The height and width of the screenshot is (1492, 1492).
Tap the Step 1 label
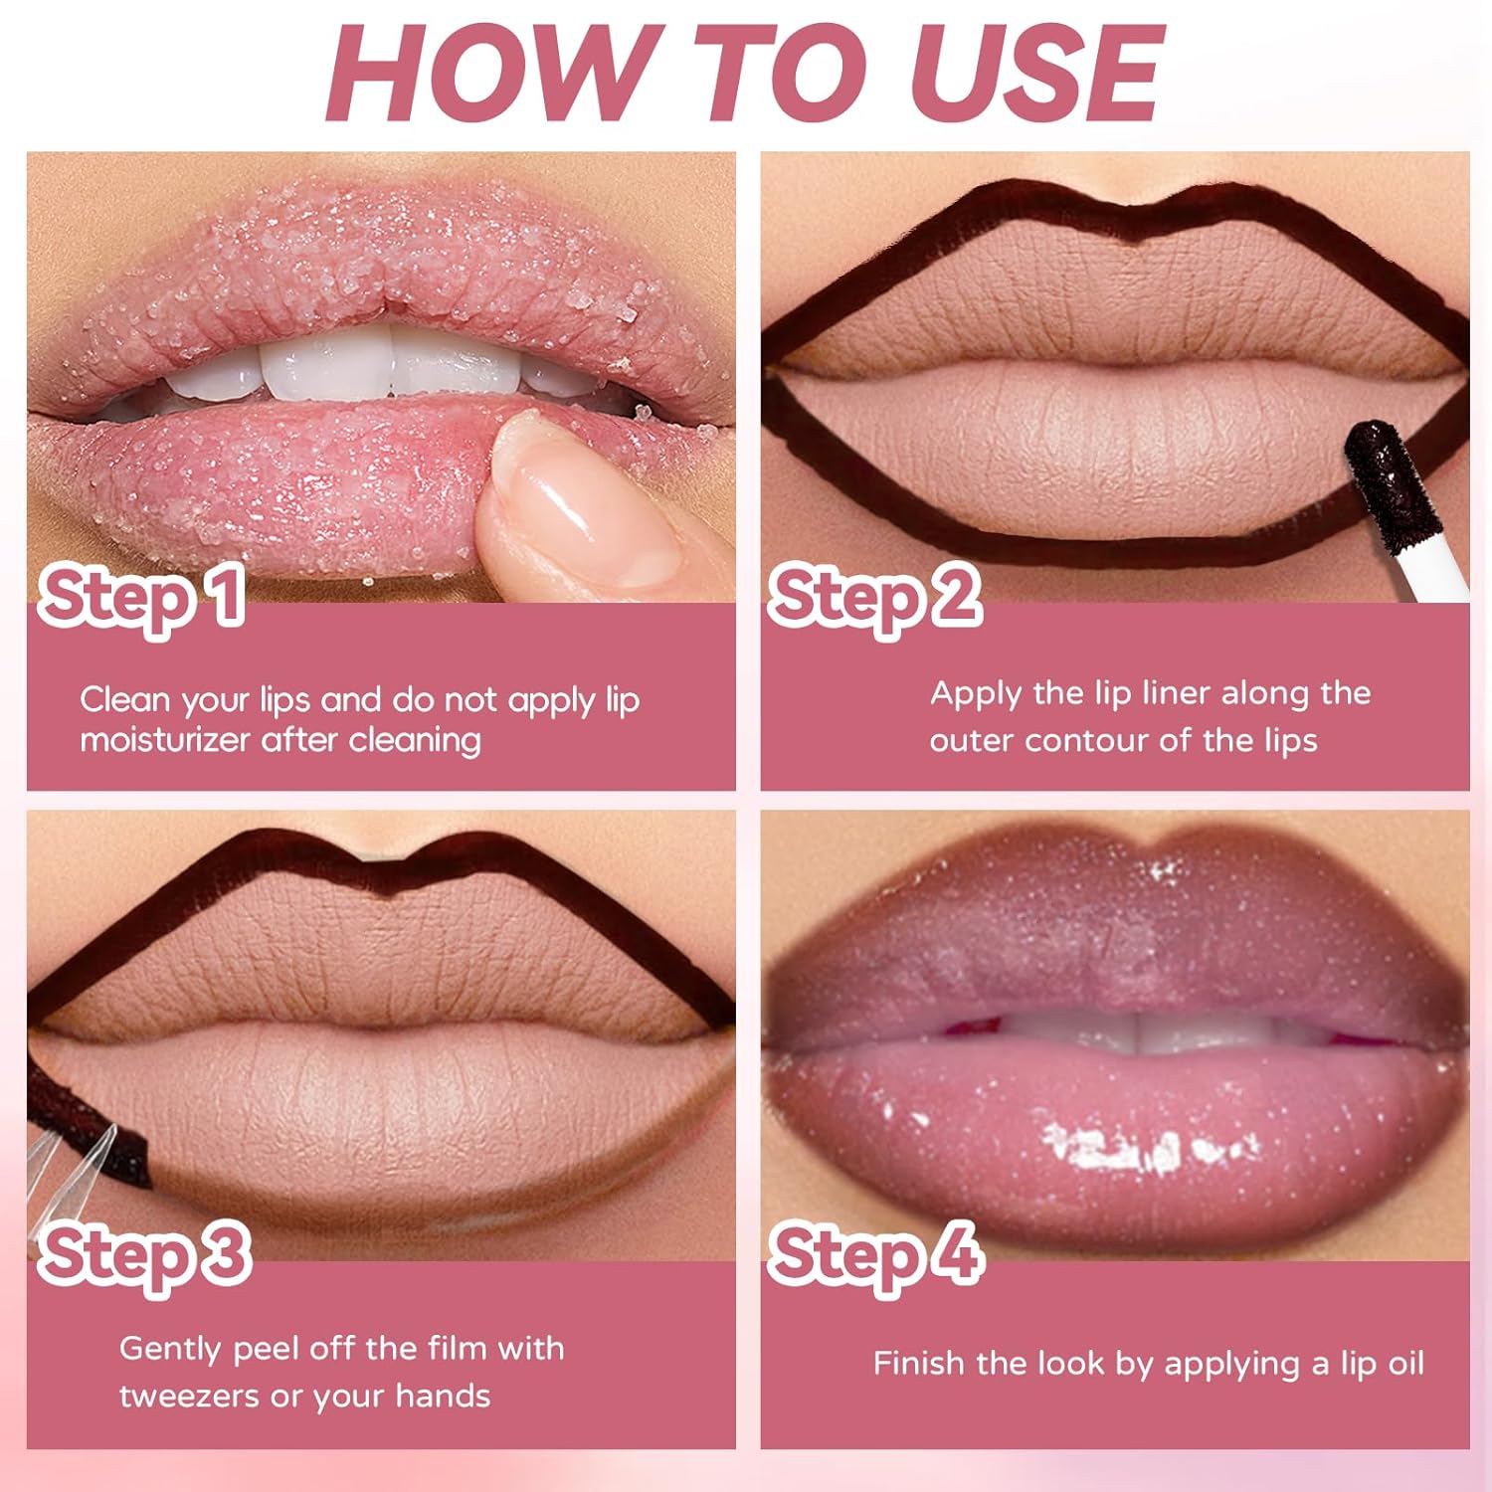tap(141, 598)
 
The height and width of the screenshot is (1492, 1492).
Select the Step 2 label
tap(876, 598)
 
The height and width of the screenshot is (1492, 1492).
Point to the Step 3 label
tap(144, 1255)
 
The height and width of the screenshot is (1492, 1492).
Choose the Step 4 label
tap(876, 1255)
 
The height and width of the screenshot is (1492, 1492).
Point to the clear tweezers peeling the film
tap(70, 1164)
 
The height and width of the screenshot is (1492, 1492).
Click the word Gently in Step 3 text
tap(170, 1350)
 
